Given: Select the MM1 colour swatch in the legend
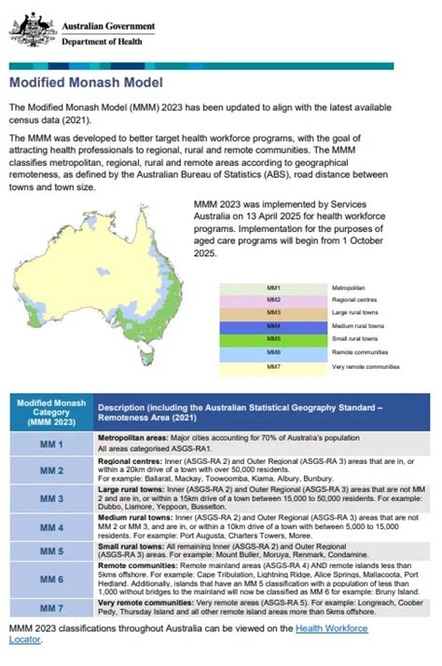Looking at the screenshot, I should [x=273, y=289].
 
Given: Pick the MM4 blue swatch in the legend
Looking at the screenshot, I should [x=273, y=327].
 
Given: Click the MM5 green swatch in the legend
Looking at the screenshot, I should [x=273, y=341].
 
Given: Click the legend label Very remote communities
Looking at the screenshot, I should [x=366, y=368].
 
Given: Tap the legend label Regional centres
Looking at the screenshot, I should [x=353, y=301].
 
